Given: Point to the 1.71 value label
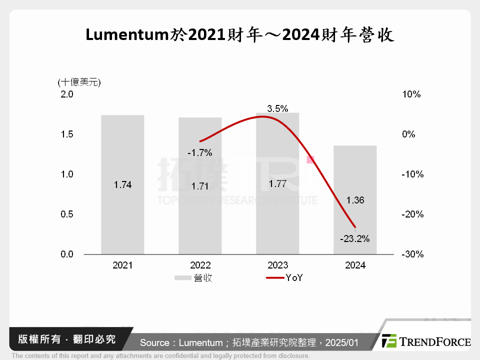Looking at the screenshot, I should tap(200, 186).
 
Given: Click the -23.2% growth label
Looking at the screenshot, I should tap(354, 239).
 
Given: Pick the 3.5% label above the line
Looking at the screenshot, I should tap(277, 108).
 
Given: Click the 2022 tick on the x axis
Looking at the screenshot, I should tap(200, 265).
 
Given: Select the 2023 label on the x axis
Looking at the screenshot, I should tap(277, 265).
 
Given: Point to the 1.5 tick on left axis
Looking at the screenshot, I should tap(67, 134).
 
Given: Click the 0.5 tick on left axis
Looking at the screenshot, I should tap(67, 214).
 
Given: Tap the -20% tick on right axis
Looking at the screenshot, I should tap(412, 214).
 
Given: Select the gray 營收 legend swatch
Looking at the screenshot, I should tap(183, 278).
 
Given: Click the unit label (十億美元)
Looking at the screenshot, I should tap(78, 82).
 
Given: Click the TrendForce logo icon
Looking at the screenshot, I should tap(389, 341).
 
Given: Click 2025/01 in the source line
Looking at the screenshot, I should tap(342, 343).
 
